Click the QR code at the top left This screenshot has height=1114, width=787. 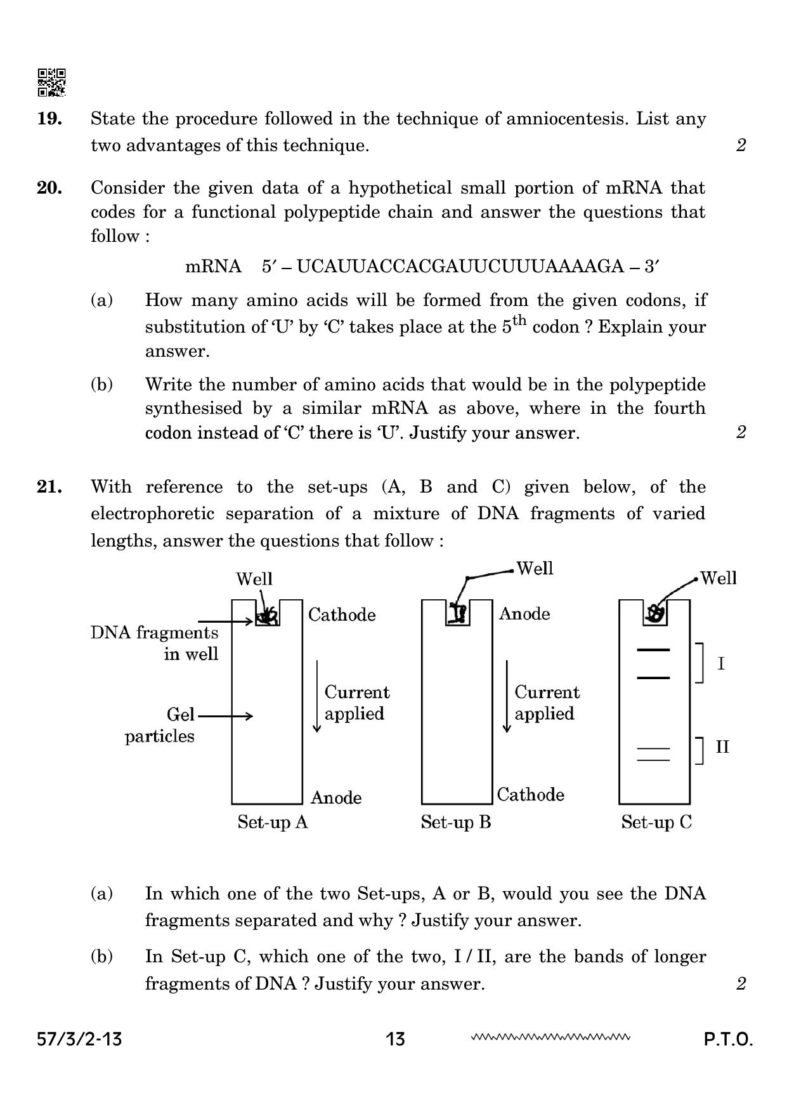(x=51, y=83)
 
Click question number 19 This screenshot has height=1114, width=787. (x=49, y=119)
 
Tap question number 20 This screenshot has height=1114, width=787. (x=49, y=188)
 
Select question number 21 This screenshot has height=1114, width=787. (x=49, y=487)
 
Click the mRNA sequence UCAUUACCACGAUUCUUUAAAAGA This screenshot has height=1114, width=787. (x=460, y=266)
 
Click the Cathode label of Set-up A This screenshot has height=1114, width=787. (x=342, y=614)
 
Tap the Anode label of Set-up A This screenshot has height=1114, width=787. (x=336, y=797)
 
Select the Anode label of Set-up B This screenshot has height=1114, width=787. (x=524, y=613)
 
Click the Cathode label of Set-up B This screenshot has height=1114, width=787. (x=530, y=794)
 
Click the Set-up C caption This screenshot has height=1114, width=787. (x=656, y=822)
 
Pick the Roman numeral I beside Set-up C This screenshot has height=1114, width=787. (x=721, y=664)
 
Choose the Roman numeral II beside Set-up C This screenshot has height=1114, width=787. (x=722, y=747)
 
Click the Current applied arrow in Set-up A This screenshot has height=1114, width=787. (x=316, y=696)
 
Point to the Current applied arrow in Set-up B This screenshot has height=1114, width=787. (x=506, y=696)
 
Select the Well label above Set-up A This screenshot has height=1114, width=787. (x=254, y=579)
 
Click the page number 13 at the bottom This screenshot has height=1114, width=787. (x=395, y=1039)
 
